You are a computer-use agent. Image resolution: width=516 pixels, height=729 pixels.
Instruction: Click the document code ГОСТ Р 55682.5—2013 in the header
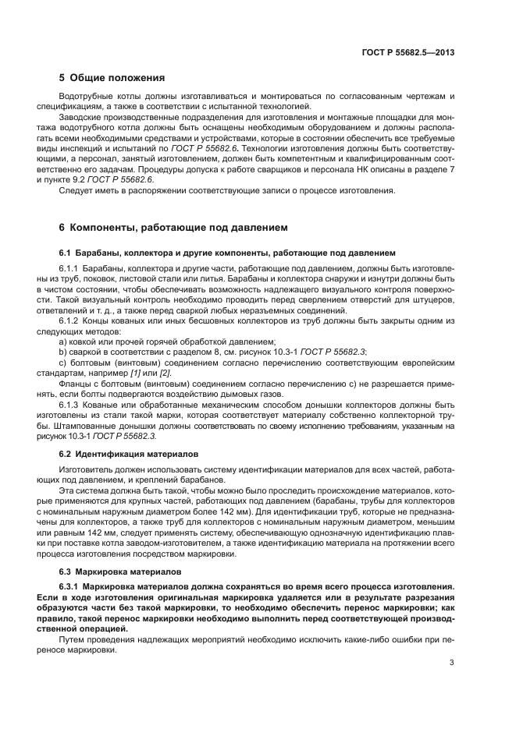(408, 52)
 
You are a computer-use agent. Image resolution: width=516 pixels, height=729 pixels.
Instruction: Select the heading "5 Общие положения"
(112, 78)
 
